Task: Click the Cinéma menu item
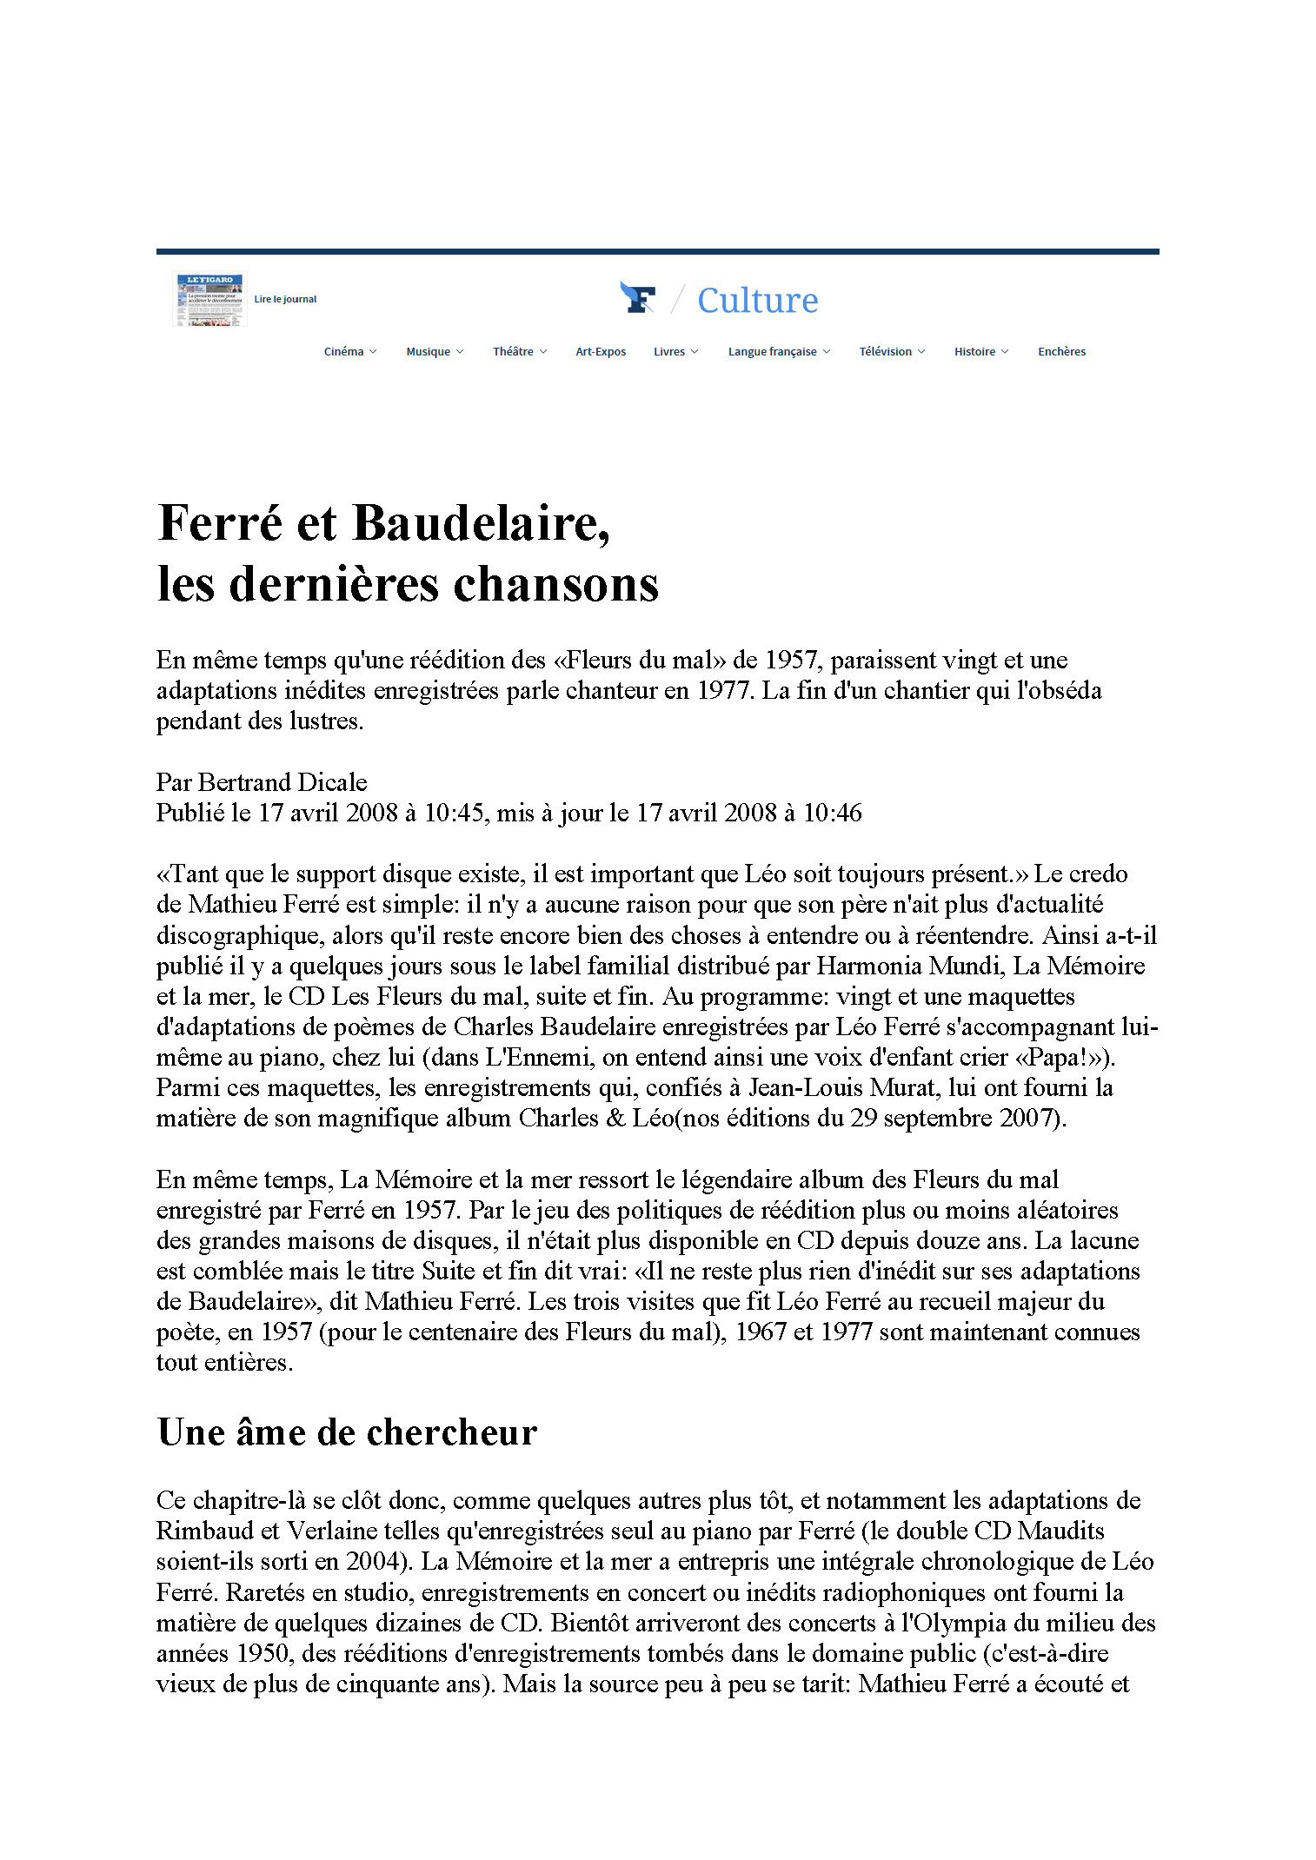tap(344, 352)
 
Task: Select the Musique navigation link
tap(429, 352)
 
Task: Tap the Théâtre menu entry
tap(514, 352)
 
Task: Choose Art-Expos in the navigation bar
tap(601, 352)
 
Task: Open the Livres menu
tap(669, 352)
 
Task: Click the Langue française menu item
tap(773, 352)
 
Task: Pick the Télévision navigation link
tap(886, 352)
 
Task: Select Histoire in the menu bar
tap(975, 352)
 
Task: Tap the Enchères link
tap(1061, 352)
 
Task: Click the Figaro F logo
tap(638, 298)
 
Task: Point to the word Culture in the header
tap(757, 301)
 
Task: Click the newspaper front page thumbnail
tap(210, 300)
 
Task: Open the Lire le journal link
tap(285, 300)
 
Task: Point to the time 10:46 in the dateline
tap(832, 813)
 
